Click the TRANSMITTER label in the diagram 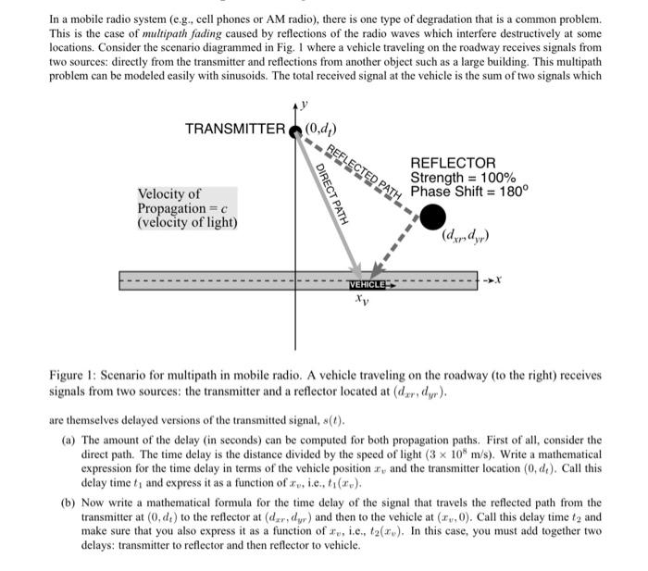[x=235, y=128]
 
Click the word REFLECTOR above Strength [x=453, y=163]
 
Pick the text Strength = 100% [x=463, y=178]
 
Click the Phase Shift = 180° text [x=468, y=192]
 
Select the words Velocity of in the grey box [x=169, y=194]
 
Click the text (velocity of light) [x=187, y=223]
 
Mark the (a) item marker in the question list [x=69, y=441]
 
